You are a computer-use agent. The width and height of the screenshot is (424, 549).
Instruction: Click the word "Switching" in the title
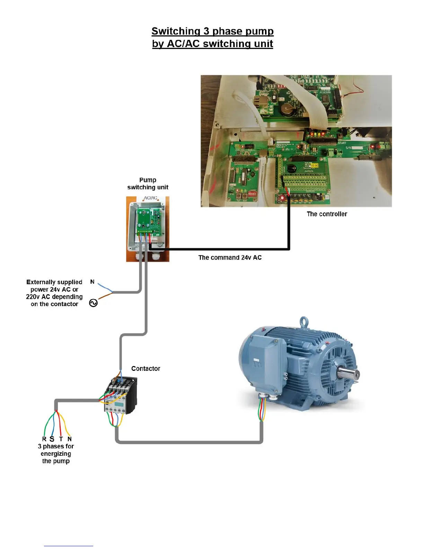pos(176,31)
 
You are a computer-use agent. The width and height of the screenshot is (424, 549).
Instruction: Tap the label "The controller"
pos(327,214)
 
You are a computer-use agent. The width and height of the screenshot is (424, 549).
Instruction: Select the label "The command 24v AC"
pos(230,258)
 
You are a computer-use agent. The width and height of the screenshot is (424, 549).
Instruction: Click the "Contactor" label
pos(145,368)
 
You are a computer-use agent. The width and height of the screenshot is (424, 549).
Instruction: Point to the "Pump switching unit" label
pos(148,184)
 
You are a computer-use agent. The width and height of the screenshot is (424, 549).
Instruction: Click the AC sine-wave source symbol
pos(94,303)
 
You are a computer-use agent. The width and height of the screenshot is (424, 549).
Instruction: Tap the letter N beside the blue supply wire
pos(92,282)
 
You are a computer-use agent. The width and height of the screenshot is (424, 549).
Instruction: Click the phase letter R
pos(44,439)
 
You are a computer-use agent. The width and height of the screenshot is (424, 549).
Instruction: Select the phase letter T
pos(61,439)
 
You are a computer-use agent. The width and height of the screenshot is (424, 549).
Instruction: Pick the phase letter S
pos(52,439)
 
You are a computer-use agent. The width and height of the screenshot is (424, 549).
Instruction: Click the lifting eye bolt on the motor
pos(304,322)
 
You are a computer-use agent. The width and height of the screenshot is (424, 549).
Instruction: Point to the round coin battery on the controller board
pos(287,110)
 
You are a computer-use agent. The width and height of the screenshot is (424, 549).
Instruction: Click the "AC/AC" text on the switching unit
pos(150,198)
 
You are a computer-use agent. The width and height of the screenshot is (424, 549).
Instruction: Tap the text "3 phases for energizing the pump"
pos(56,454)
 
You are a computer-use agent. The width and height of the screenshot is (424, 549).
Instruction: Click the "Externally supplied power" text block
pos(54,293)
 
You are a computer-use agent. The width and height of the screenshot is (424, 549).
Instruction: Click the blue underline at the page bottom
pos(68,546)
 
